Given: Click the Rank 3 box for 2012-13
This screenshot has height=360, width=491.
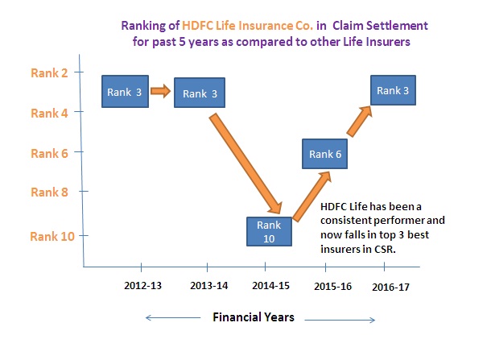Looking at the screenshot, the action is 125,92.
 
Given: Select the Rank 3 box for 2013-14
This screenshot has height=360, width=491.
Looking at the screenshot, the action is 200,93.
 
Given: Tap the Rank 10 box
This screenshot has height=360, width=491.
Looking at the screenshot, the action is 269,231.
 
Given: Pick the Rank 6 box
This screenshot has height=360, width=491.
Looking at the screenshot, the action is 324,154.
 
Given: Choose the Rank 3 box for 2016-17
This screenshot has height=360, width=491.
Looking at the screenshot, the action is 393,90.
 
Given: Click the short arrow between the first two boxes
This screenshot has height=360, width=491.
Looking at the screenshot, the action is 161,91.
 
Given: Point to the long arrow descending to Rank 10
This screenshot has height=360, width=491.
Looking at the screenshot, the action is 245,163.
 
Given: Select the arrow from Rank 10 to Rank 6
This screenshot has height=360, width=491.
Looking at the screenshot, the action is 312,197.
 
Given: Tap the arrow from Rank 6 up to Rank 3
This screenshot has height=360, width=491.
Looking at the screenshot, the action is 360,122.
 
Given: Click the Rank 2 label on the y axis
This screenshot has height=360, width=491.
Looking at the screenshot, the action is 49,73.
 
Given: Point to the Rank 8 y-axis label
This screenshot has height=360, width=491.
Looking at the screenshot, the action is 49,192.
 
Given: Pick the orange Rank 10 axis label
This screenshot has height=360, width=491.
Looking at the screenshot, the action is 52,236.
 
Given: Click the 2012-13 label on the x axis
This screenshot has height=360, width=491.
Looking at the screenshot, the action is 142,285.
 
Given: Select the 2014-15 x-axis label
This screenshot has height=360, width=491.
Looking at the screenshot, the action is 271,285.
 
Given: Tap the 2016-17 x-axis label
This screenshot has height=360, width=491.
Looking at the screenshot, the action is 391,287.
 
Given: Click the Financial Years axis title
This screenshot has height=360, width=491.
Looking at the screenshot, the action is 254,317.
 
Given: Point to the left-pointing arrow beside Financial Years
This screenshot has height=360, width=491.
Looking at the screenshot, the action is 173,317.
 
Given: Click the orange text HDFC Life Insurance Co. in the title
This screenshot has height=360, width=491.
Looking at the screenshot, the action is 247,26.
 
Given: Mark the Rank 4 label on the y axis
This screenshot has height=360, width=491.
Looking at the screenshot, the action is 49,113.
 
